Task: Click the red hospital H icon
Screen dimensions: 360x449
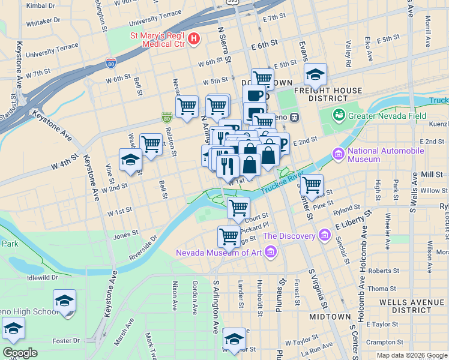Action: click(x=194, y=40)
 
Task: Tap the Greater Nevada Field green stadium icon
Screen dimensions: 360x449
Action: click(x=339, y=114)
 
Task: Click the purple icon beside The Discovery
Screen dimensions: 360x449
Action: click(x=325, y=234)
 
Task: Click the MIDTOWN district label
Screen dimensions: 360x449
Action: click(x=330, y=316)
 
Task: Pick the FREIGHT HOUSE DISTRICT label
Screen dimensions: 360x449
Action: click(x=328, y=95)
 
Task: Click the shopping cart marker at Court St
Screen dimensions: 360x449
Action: click(x=239, y=208)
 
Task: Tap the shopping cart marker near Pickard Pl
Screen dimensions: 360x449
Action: click(x=229, y=236)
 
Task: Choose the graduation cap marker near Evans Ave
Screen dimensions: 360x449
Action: click(x=315, y=74)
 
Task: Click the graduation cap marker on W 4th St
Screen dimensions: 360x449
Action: click(x=130, y=160)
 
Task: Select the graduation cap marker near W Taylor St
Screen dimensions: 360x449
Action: click(x=234, y=338)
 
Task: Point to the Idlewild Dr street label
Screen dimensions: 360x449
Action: click(x=39, y=278)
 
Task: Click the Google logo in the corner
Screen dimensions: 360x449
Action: click(x=20, y=353)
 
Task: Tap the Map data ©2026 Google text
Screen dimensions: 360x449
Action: click(x=412, y=355)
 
